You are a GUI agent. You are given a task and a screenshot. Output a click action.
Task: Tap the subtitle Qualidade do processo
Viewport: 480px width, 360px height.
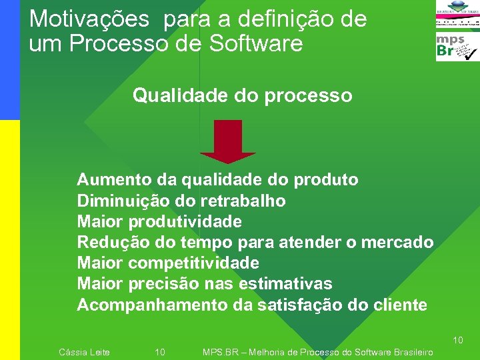pyautogui.click(x=242, y=96)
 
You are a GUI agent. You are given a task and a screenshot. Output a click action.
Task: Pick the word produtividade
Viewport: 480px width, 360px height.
pyautogui.click(x=185, y=221)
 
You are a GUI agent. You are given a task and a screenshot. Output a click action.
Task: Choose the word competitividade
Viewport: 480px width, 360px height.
pyautogui.click(x=193, y=263)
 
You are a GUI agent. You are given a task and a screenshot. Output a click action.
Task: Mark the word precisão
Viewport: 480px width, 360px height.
pyautogui.click(x=163, y=284)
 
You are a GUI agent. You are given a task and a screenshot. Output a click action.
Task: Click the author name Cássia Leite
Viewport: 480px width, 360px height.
pyautogui.click(x=85, y=352)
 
